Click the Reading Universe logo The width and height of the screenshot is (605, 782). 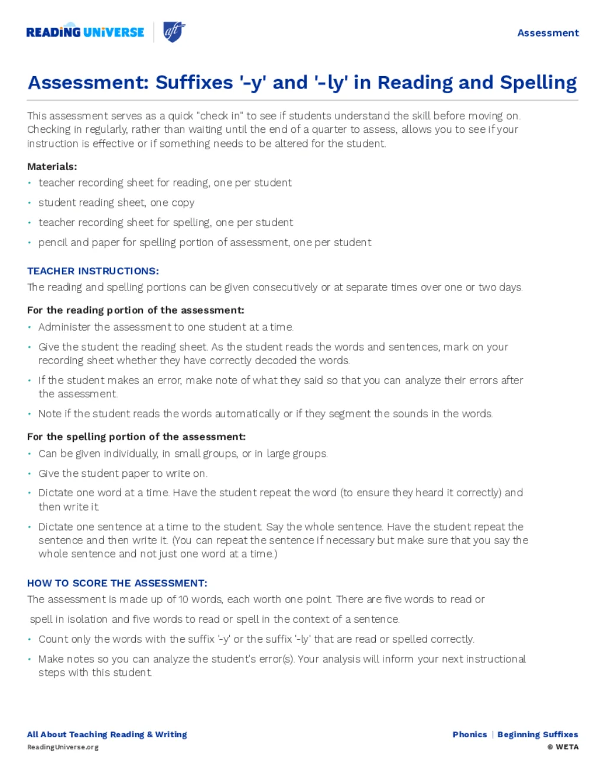click(x=85, y=32)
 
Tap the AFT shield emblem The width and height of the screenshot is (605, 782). click(x=174, y=32)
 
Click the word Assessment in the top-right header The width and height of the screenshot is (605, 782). click(x=548, y=33)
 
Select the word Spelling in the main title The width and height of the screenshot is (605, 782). click(x=538, y=83)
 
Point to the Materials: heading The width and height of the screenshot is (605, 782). click(x=52, y=166)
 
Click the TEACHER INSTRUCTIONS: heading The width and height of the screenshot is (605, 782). click(x=93, y=271)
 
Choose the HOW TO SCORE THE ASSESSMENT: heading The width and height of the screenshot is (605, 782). click(x=117, y=583)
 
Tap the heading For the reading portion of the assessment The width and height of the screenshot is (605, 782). click(x=135, y=310)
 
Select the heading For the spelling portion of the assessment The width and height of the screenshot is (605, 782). click(x=136, y=437)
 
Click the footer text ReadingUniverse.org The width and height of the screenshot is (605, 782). click(x=63, y=747)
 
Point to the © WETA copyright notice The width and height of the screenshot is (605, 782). click(x=562, y=747)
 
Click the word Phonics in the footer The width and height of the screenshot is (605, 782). click(x=470, y=735)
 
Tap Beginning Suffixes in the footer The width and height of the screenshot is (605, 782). click(x=538, y=735)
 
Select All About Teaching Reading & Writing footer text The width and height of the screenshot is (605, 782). click(x=107, y=735)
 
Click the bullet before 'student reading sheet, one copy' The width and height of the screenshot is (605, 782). click(x=30, y=203)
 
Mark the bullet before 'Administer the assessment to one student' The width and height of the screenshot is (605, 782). click(x=30, y=328)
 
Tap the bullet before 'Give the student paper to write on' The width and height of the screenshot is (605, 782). click(x=30, y=474)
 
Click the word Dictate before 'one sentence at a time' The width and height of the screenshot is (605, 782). click(x=56, y=526)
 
